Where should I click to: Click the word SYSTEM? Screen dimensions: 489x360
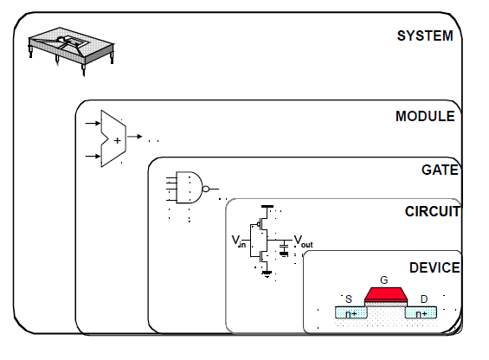pos(425,35)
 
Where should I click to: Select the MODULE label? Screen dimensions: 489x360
pos(425,116)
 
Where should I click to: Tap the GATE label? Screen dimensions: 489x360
pos(440,170)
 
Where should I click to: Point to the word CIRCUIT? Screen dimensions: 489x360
pos(432,211)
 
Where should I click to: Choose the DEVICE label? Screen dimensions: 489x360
pos(434,267)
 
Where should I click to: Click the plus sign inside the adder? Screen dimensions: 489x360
pos(117,141)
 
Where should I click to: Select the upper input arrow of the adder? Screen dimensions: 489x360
pos(93,124)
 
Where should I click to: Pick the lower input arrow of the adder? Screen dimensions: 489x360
pos(93,156)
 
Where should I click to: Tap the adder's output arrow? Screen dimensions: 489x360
pos(135,137)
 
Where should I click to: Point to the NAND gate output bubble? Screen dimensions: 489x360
pos(206,189)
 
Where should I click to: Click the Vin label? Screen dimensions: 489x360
pos(239,241)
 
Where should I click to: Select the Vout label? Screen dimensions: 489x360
pos(303,241)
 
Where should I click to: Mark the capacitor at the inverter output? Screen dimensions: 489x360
pos(284,248)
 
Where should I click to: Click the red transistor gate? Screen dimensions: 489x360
pos(386,294)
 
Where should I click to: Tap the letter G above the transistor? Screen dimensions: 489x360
pos(384,280)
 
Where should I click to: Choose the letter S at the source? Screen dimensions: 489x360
pos(349,299)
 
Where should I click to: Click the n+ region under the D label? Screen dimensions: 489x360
pos(421,312)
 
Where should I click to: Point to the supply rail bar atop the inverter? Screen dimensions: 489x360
pos(267,207)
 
